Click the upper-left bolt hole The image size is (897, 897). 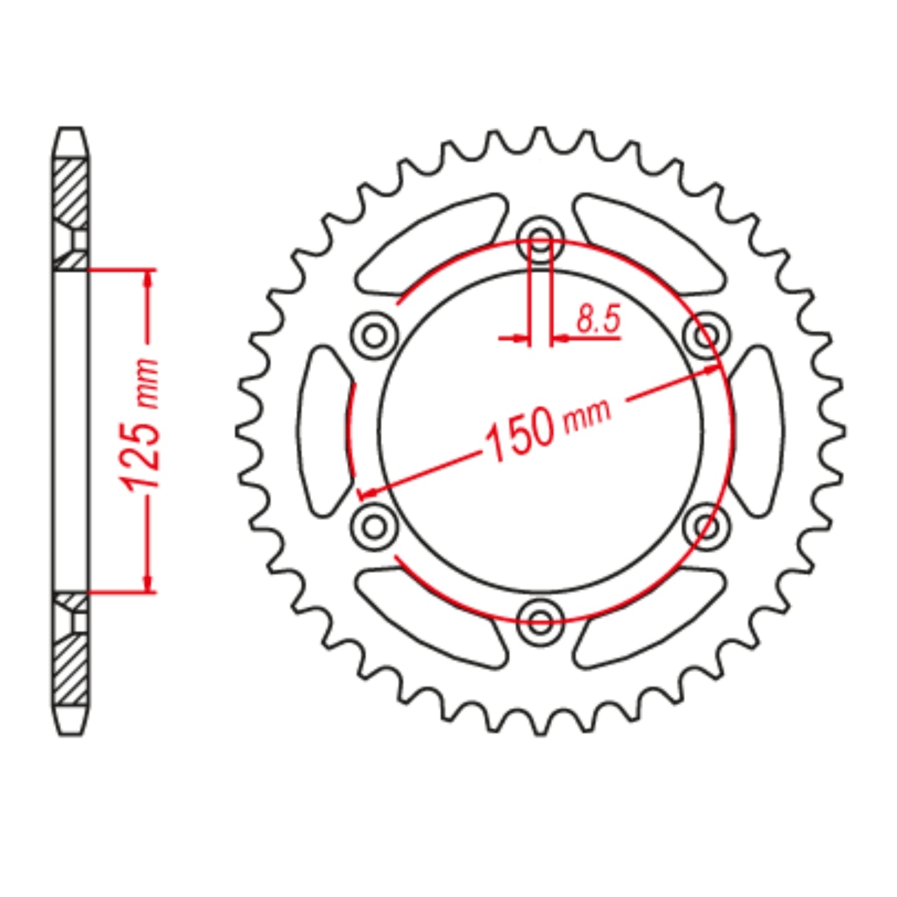374,336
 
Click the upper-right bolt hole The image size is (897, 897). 706,336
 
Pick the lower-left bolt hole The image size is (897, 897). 374,526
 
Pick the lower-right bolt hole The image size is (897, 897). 706,526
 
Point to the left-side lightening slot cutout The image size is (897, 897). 324,431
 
